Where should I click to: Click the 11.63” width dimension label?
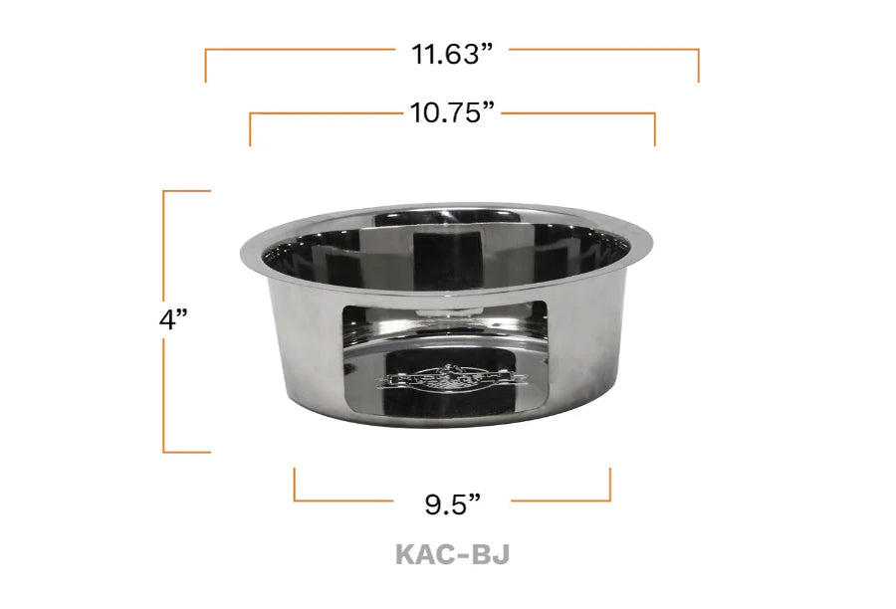click(x=453, y=54)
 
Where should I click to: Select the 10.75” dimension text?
click(x=452, y=112)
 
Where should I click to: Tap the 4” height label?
click(x=174, y=320)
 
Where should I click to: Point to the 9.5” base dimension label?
click(x=453, y=504)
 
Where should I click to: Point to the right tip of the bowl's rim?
click(x=654, y=239)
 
